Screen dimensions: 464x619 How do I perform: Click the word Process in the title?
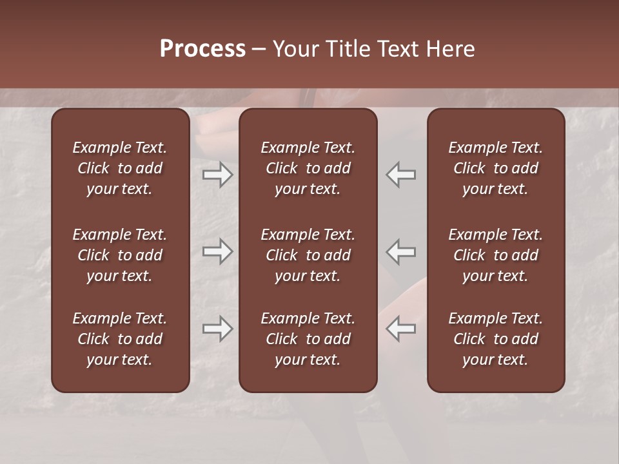(x=202, y=49)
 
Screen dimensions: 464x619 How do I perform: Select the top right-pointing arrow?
(x=218, y=175)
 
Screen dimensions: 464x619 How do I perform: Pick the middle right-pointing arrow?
(x=218, y=251)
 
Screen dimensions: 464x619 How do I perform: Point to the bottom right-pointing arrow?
(x=218, y=329)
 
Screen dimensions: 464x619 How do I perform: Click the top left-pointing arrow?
(x=401, y=175)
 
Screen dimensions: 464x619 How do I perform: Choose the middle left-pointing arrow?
(x=401, y=251)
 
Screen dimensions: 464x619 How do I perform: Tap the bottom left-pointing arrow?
(x=401, y=329)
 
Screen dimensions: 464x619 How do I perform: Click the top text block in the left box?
(x=120, y=168)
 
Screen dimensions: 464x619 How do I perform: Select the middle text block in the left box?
(x=120, y=255)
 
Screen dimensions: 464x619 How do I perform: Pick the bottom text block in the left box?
(x=120, y=339)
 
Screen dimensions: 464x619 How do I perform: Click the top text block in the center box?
(x=308, y=168)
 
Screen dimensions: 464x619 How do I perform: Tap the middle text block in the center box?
(x=308, y=255)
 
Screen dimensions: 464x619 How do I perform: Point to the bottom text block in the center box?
(x=308, y=339)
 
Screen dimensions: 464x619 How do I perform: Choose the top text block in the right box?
(x=496, y=168)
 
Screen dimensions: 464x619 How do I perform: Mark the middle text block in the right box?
(x=496, y=255)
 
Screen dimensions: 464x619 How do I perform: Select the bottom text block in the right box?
(x=496, y=339)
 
